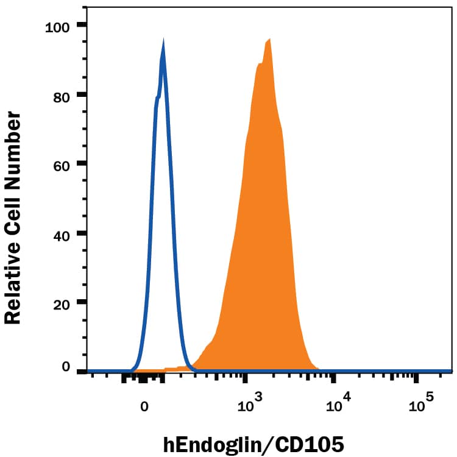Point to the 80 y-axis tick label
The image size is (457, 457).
coord(60,95)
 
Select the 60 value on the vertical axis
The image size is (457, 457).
coord(60,164)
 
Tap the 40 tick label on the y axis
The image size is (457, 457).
coord(60,233)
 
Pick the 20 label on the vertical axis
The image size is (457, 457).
coord(60,302)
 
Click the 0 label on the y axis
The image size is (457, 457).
coord(65,366)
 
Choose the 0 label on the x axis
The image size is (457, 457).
coord(144,405)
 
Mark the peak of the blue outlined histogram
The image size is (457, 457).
coord(163,41)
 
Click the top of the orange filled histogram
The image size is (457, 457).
coord(269,39)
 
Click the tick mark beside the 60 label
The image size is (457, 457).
coord(81,164)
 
